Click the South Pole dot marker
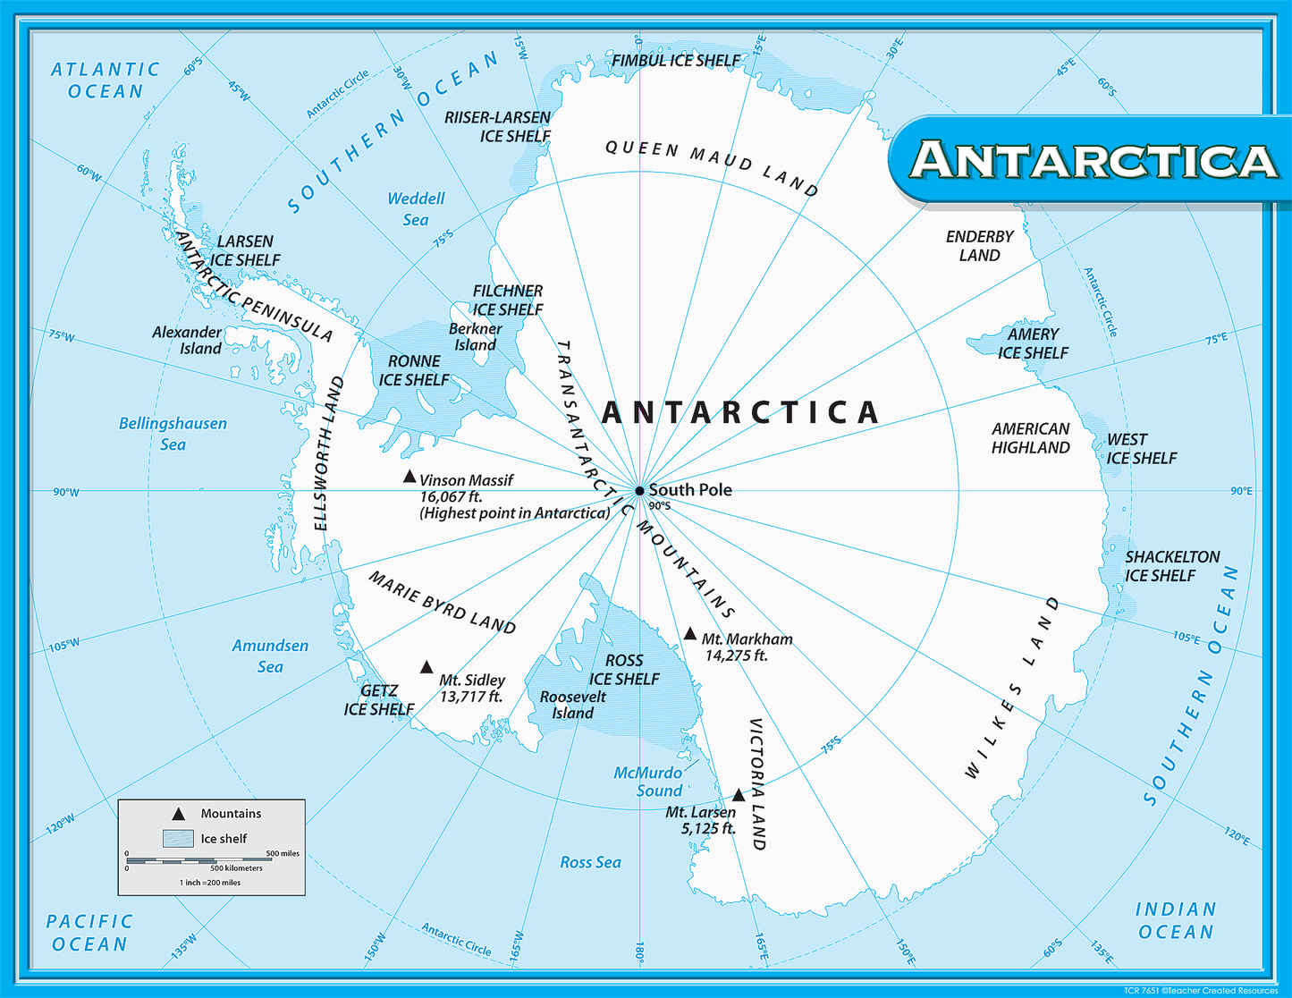(x=639, y=490)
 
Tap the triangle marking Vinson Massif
(x=410, y=478)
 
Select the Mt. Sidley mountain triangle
(x=426, y=668)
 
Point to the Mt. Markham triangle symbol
(x=689, y=635)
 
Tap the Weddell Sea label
(x=416, y=209)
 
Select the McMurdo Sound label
(x=648, y=782)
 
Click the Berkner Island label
(x=475, y=337)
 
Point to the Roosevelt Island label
(x=572, y=705)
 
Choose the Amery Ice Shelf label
(x=1033, y=343)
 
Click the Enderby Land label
(x=979, y=246)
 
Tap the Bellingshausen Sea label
(x=173, y=434)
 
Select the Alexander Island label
(x=187, y=341)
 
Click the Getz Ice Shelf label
(x=379, y=700)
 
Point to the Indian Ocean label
(x=1175, y=920)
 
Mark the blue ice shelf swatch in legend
(x=178, y=839)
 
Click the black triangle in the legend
(x=179, y=814)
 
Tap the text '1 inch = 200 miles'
(x=210, y=883)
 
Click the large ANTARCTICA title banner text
(x=1094, y=160)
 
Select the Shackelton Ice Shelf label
(x=1171, y=566)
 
